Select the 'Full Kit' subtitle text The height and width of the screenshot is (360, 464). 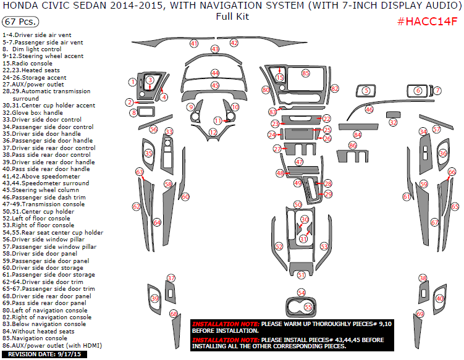click(x=232, y=17)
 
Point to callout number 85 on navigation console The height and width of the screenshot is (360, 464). click(x=305, y=73)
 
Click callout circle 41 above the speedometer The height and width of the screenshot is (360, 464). click(x=194, y=44)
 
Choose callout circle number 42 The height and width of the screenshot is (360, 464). click(x=234, y=43)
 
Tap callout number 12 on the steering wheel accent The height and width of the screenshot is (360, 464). click(x=213, y=132)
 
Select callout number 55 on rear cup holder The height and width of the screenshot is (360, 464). click(x=308, y=306)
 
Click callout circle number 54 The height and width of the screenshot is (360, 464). click(x=301, y=292)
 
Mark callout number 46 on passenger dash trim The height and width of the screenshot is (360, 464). click(x=369, y=109)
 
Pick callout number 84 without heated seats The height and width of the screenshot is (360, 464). click(x=357, y=135)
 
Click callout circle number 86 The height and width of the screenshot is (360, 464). click(x=353, y=145)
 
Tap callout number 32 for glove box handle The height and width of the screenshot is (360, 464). click(x=393, y=122)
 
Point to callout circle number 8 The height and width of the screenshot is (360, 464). click(x=133, y=113)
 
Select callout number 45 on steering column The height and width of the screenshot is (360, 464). click(x=215, y=85)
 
